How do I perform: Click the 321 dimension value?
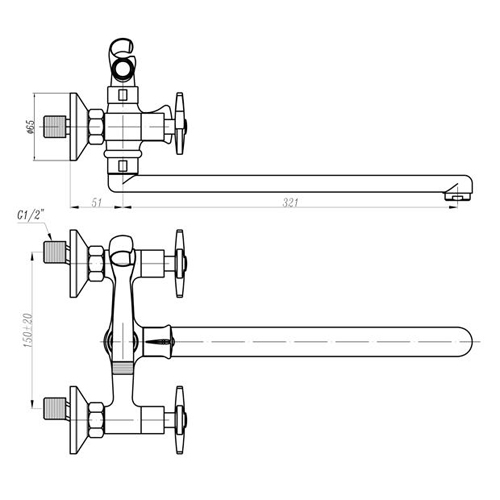(x=290, y=202)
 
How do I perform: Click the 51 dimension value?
(x=96, y=202)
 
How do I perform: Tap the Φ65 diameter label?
(x=30, y=127)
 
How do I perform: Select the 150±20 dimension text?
(x=28, y=330)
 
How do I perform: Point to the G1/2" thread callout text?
(x=31, y=215)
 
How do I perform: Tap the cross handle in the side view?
(x=180, y=124)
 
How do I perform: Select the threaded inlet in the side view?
(x=55, y=127)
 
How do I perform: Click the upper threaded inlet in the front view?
(x=55, y=252)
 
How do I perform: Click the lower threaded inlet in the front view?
(x=55, y=409)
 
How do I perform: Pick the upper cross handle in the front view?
(x=180, y=263)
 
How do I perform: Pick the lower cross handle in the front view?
(x=180, y=420)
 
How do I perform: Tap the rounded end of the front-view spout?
(x=467, y=342)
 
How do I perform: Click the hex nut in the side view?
(x=96, y=127)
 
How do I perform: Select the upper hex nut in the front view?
(x=96, y=263)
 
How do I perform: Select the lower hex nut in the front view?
(x=96, y=420)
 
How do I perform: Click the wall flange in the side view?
(x=79, y=127)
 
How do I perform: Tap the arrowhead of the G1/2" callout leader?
(x=50, y=236)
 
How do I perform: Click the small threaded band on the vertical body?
(x=123, y=368)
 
